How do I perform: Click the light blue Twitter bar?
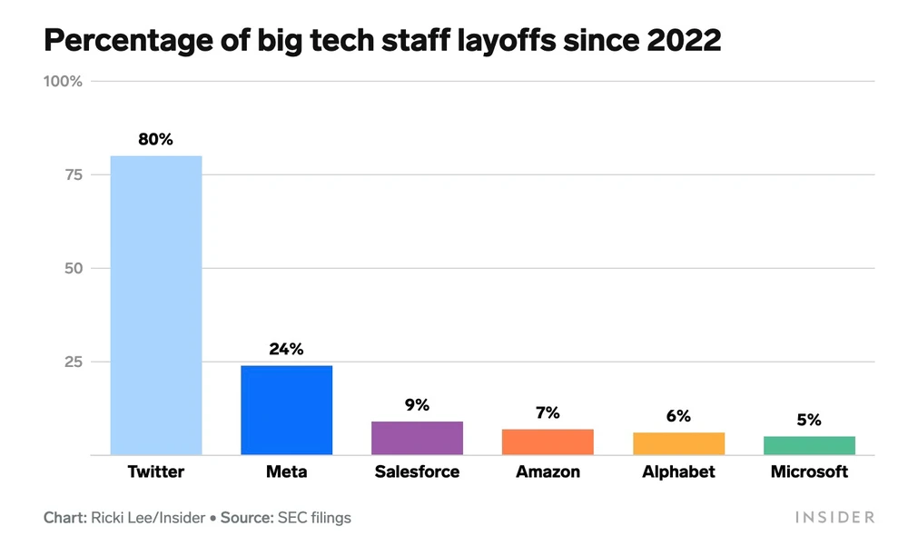[155, 305]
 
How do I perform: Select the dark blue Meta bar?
[286, 410]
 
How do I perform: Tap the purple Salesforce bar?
[417, 438]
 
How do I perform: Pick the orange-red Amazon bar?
[548, 442]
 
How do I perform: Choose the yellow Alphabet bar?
[678, 443]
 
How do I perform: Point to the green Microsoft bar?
[809, 445]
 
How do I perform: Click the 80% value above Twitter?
[155, 140]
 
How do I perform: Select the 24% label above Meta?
[286, 349]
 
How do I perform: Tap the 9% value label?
[417, 405]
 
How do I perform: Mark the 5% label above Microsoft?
[809, 420]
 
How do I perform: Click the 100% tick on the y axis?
[63, 82]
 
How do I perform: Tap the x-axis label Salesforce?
[417, 472]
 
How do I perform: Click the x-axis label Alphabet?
[678, 472]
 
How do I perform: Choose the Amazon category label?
[548, 472]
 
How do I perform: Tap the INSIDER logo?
[834, 518]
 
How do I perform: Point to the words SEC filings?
[315, 518]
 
